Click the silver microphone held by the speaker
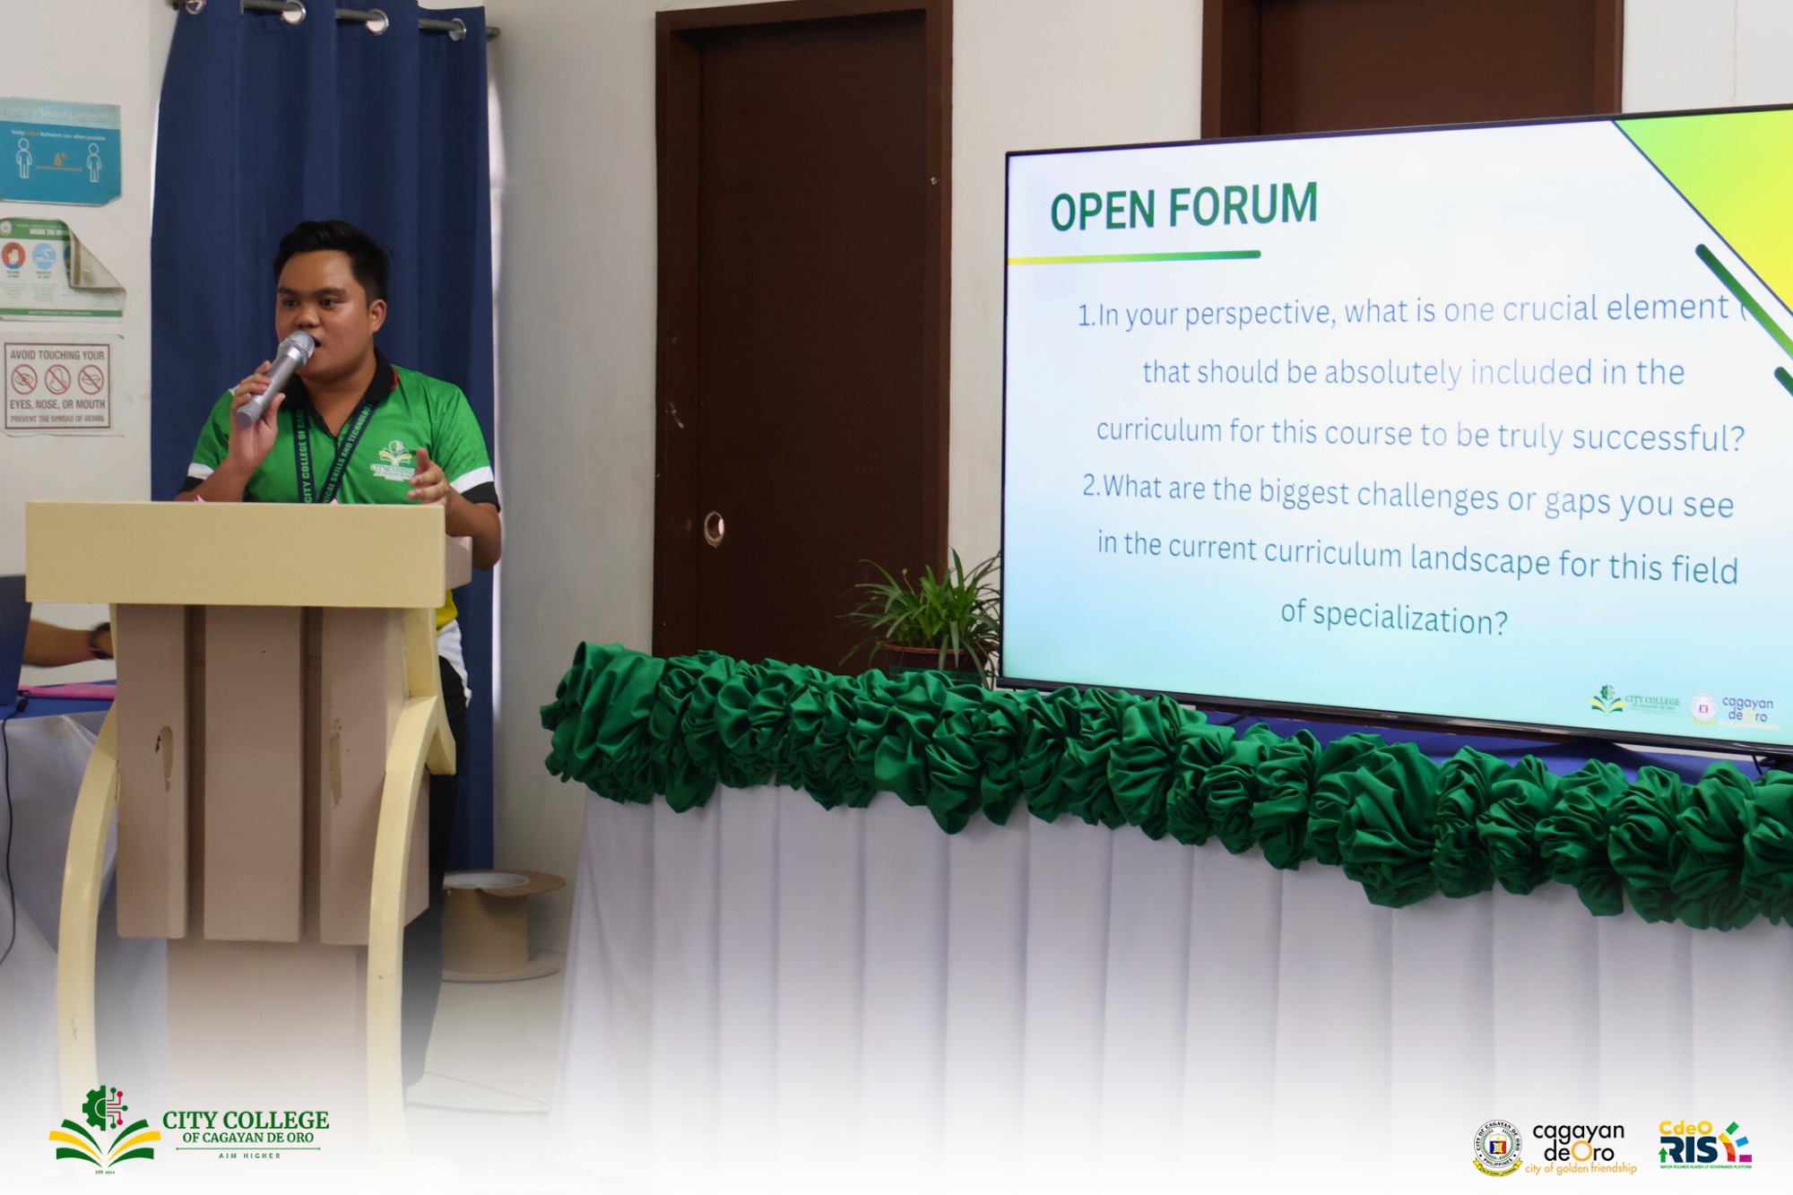point(276,377)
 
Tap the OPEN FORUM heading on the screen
point(1183,207)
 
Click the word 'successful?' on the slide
point(1659,437)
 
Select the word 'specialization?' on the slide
point(1410,619)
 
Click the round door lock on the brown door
point(714,529)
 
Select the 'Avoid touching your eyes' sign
point(58,385)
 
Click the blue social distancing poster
point(59,151)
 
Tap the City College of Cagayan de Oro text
point(245,1128)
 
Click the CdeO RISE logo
point(1703,1145)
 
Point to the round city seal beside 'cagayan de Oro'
point(1498,1147)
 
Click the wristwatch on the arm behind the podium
point(100,640)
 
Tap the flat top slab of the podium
point(238,551)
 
